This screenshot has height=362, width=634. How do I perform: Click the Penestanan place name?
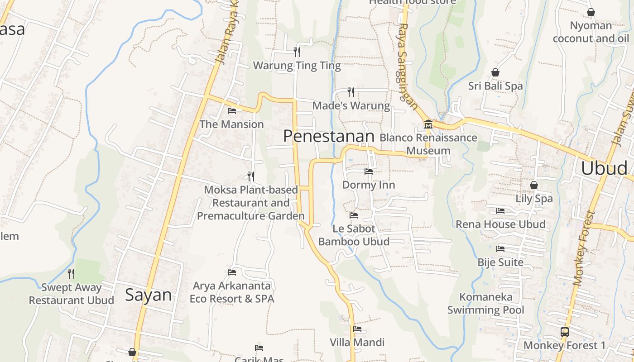(329, 136)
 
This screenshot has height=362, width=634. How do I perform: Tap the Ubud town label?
(604, 168)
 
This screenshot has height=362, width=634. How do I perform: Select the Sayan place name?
(149, 295)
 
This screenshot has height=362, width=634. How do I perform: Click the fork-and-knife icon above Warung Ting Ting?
(297, 52)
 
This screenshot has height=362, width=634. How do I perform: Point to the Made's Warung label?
(351, 106)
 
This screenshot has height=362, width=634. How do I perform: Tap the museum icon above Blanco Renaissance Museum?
(428, 124)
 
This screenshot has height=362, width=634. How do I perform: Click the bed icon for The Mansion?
(232, 110)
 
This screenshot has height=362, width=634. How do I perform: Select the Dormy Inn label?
(369, 185)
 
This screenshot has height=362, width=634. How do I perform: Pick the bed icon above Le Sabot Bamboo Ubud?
(354, 215)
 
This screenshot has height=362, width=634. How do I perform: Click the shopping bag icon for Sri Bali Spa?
(495, 72)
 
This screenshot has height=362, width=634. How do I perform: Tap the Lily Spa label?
(534, 199)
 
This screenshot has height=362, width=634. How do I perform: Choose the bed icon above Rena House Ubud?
(500, 211)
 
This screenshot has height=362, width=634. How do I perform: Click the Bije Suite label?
(500, 262)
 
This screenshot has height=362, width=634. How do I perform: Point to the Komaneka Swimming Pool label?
(486, 304)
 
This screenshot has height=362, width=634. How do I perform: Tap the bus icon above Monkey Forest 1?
(565, 332)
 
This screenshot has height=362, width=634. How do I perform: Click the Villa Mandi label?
(357, 343)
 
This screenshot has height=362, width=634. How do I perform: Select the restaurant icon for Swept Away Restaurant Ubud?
(71, 274)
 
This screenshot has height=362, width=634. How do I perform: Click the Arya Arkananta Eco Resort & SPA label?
(232, 292)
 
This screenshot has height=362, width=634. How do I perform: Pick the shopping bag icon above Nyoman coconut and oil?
(591, 12)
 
